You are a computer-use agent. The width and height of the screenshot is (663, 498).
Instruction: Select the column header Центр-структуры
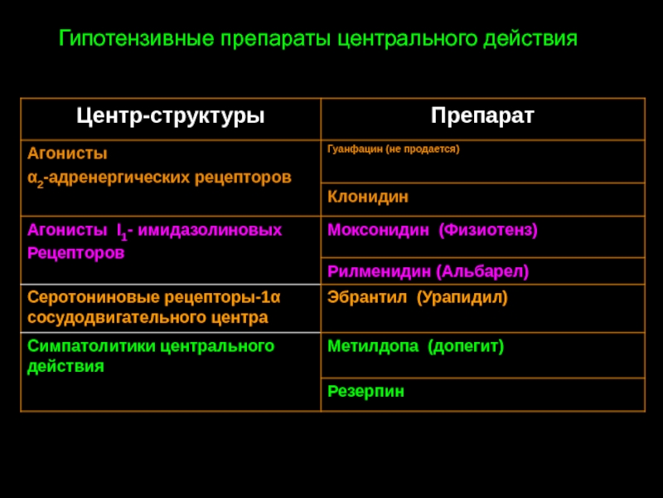point(171,116)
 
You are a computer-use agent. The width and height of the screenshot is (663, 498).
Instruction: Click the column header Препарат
point(482,116)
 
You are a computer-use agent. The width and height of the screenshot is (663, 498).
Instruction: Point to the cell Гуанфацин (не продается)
point(393,149)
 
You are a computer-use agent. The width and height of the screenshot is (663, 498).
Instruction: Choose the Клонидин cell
point(368,197)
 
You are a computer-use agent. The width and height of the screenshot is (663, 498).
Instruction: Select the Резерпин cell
point(366,391)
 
